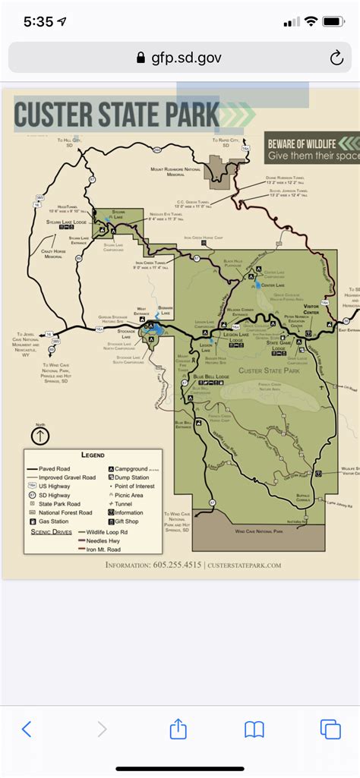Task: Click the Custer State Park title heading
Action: [x=117, y=115]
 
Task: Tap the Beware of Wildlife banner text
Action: [x=311, y=149]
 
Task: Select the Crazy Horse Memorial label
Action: [x=54, y=254]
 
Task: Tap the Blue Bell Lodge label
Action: [x=210, y=377]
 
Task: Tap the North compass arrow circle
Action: [x=40, y=436]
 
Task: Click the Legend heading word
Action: [x=93, y=455]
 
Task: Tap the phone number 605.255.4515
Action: [x=175, y=565]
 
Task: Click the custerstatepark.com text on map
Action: [x=243, y=565]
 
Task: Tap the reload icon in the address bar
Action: [x=336, y=58]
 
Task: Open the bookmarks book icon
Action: [x=254, y=729]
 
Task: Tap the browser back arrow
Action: [x=27, y=729]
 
